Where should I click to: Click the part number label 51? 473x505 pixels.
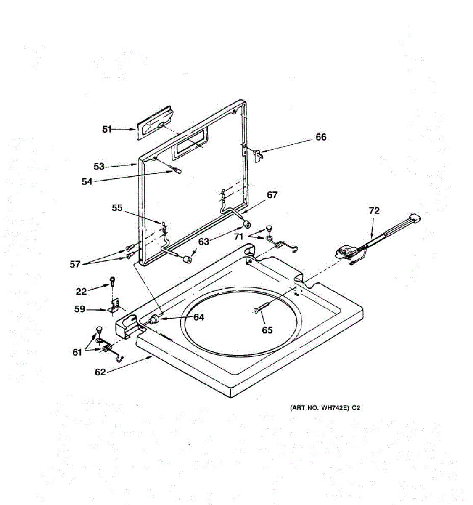tap(107, 129)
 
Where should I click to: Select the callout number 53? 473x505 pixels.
tap(99, 167)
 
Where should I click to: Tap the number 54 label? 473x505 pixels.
tap(87, 181)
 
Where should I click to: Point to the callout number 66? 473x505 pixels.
tap(321, 137)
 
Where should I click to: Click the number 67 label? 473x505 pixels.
tap(272, 195)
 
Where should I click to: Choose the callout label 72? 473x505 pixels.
tap(374, 211)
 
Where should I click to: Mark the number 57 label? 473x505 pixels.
tap(75, 264)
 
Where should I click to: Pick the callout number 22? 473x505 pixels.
tap(81, 291)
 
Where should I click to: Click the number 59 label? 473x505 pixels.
tap(79, 309)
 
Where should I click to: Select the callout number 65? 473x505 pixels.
tap(267, 330)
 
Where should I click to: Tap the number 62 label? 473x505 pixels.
tap(100, 372)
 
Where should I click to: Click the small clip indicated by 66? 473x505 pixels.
tap(258, 154)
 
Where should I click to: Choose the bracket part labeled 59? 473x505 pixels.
tap(115, 306)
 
